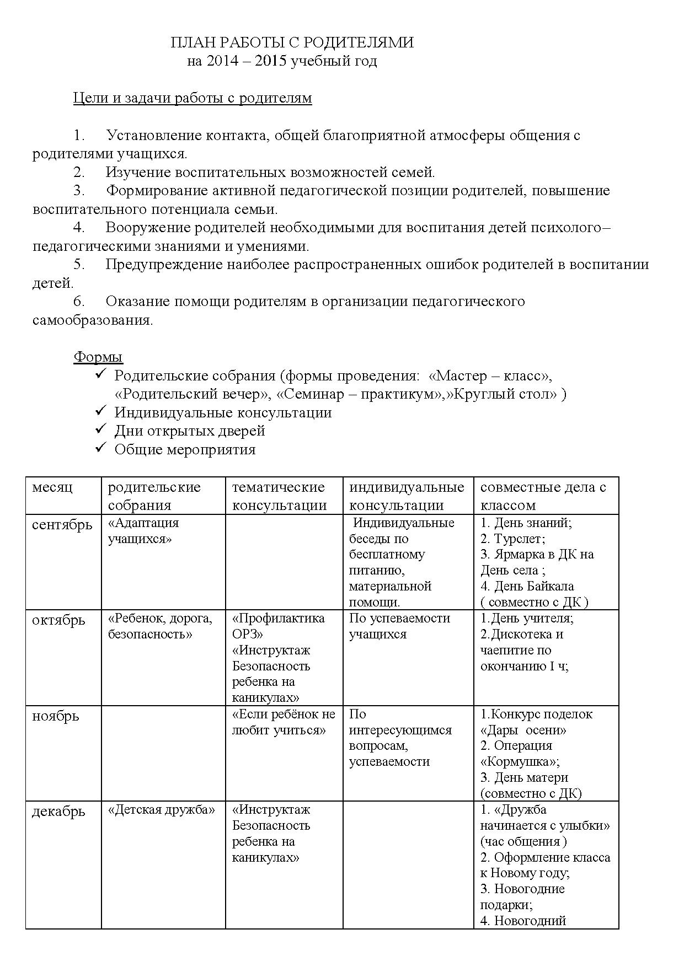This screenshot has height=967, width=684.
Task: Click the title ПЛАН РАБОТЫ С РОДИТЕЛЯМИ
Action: pos(292,42)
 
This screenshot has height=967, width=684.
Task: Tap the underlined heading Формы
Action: pos(98,357)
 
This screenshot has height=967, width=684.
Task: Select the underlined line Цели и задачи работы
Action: pos(193,98)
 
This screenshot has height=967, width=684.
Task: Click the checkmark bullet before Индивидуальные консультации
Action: pos(100,411)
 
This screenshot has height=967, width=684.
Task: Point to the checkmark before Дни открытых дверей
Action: pos(100,429)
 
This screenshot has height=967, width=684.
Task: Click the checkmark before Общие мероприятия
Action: pos(100,448)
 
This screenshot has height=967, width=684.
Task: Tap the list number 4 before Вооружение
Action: pos(78,228)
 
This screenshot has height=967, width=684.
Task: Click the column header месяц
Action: pos(52,487)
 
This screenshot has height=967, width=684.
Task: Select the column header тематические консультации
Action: pos(279,496)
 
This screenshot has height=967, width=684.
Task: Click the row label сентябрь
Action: pos(62,524)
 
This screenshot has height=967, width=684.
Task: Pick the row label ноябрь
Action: pos(55,716)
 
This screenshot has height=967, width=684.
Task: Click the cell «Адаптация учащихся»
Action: pos(143,530)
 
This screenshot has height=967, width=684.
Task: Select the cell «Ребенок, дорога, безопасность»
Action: pos(160,626)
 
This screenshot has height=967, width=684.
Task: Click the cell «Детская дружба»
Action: pos(161,809)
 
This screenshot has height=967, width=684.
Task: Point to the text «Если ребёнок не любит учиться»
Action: pos(284,722)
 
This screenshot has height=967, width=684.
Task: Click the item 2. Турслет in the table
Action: pos(512,539)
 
